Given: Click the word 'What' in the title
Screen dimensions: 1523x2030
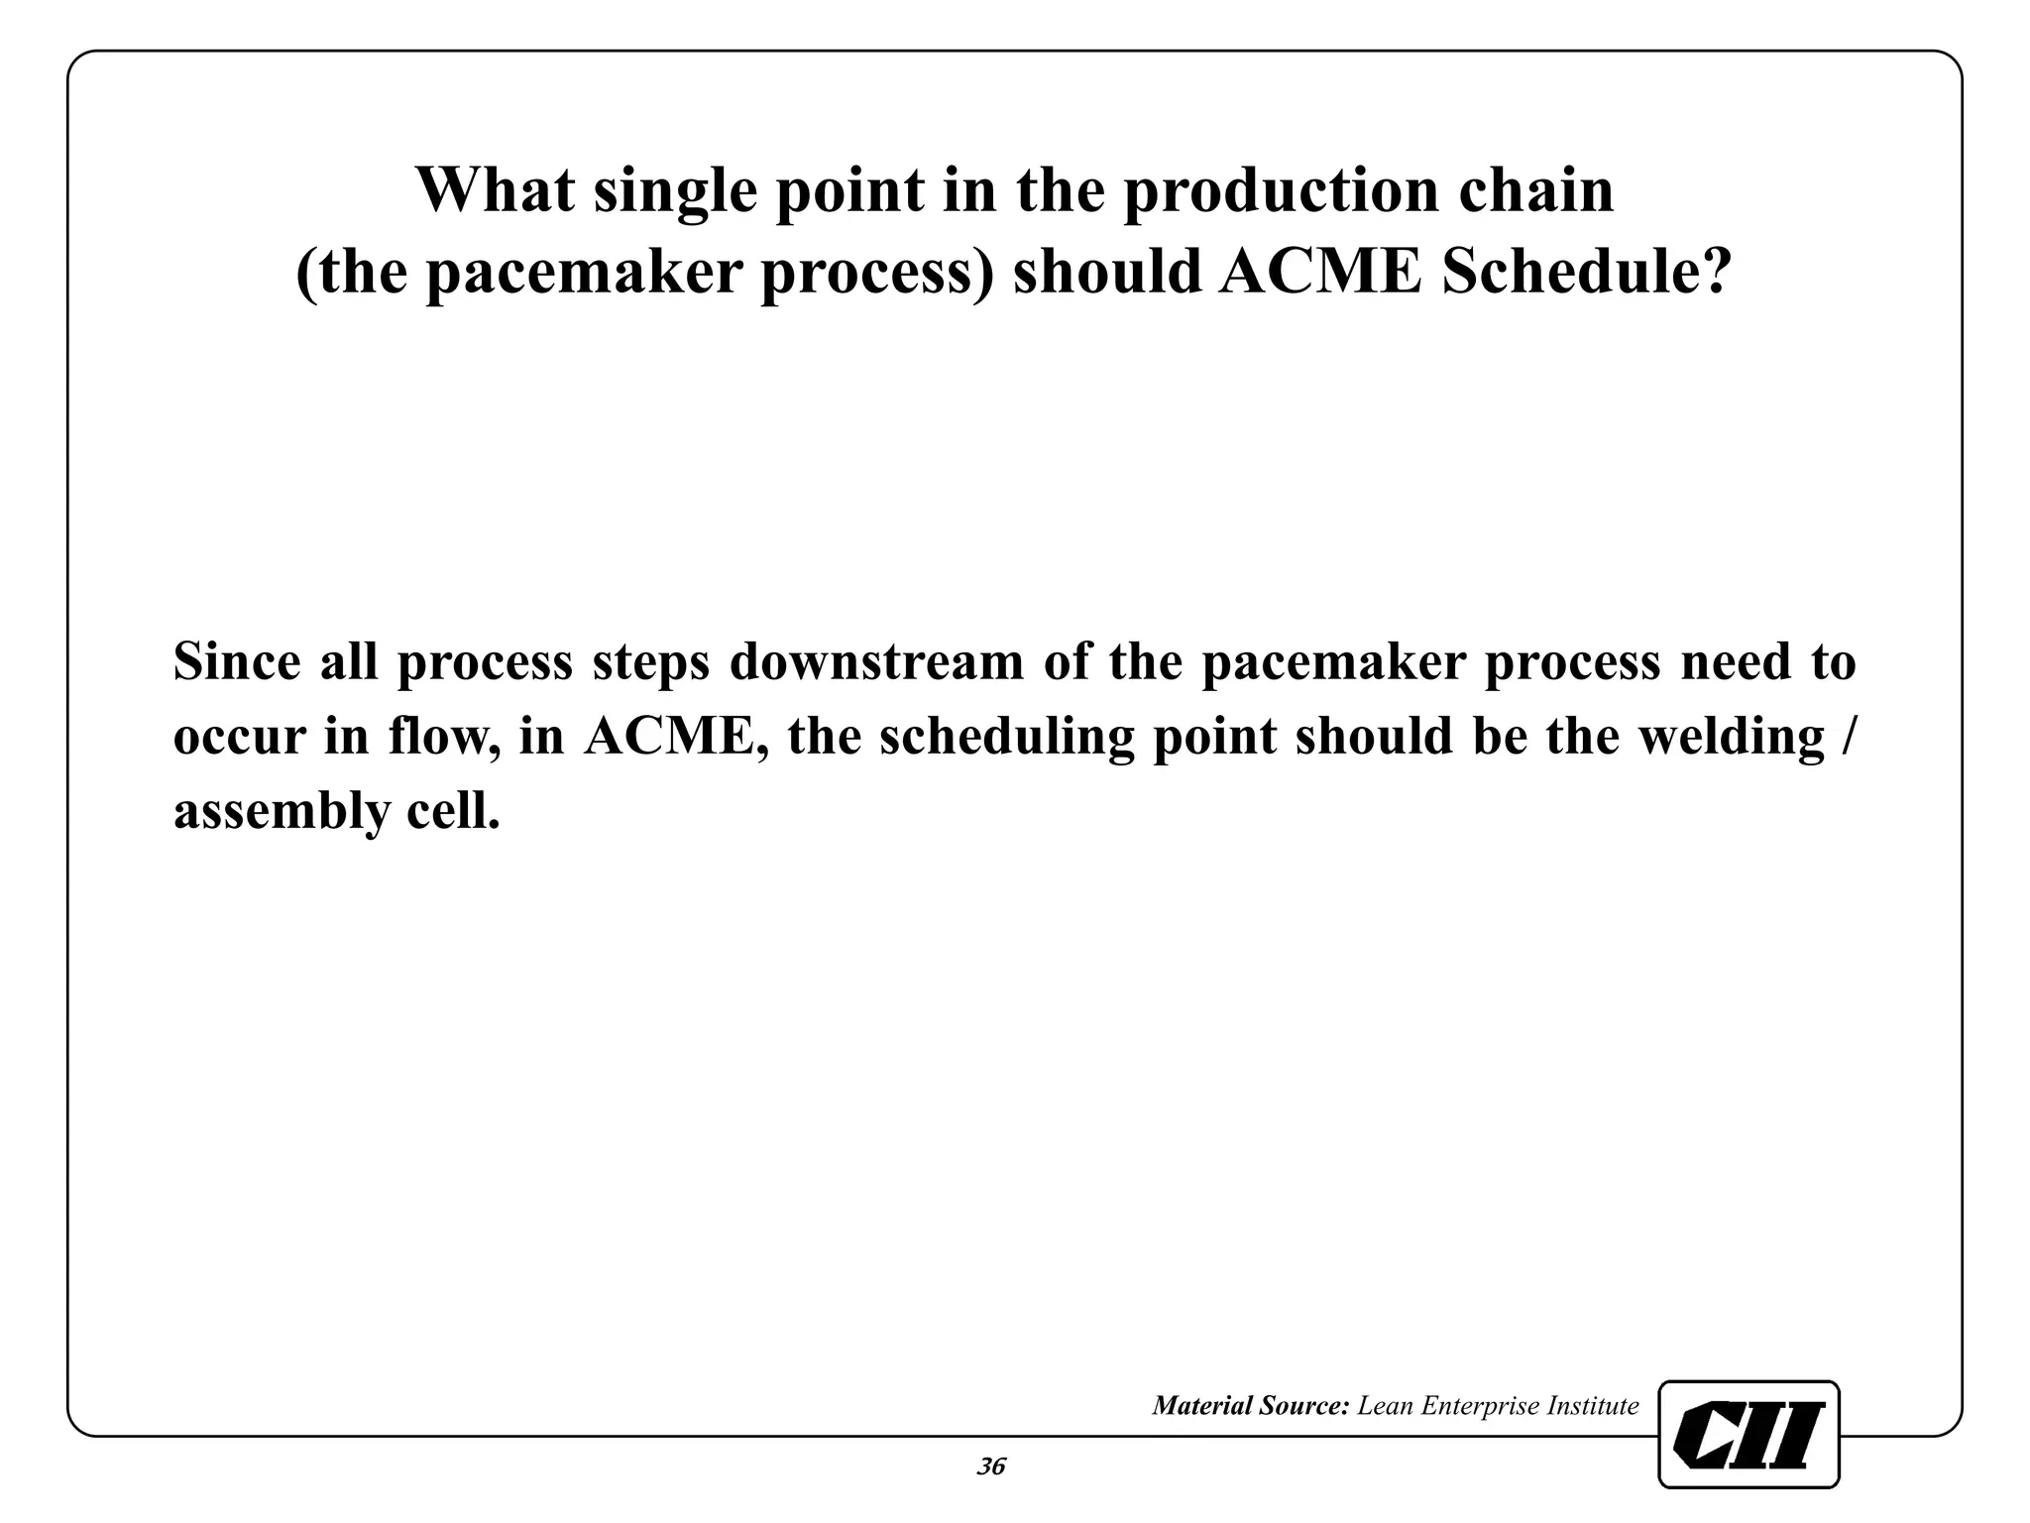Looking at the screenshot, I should [494, 190].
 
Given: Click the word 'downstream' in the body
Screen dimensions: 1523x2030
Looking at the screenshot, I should [877, 661].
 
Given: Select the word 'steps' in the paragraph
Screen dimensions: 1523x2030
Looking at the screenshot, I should [651, 663].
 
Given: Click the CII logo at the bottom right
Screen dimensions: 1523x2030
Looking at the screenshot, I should [1748, 1434].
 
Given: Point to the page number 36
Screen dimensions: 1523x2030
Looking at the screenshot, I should [991, 1466].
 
